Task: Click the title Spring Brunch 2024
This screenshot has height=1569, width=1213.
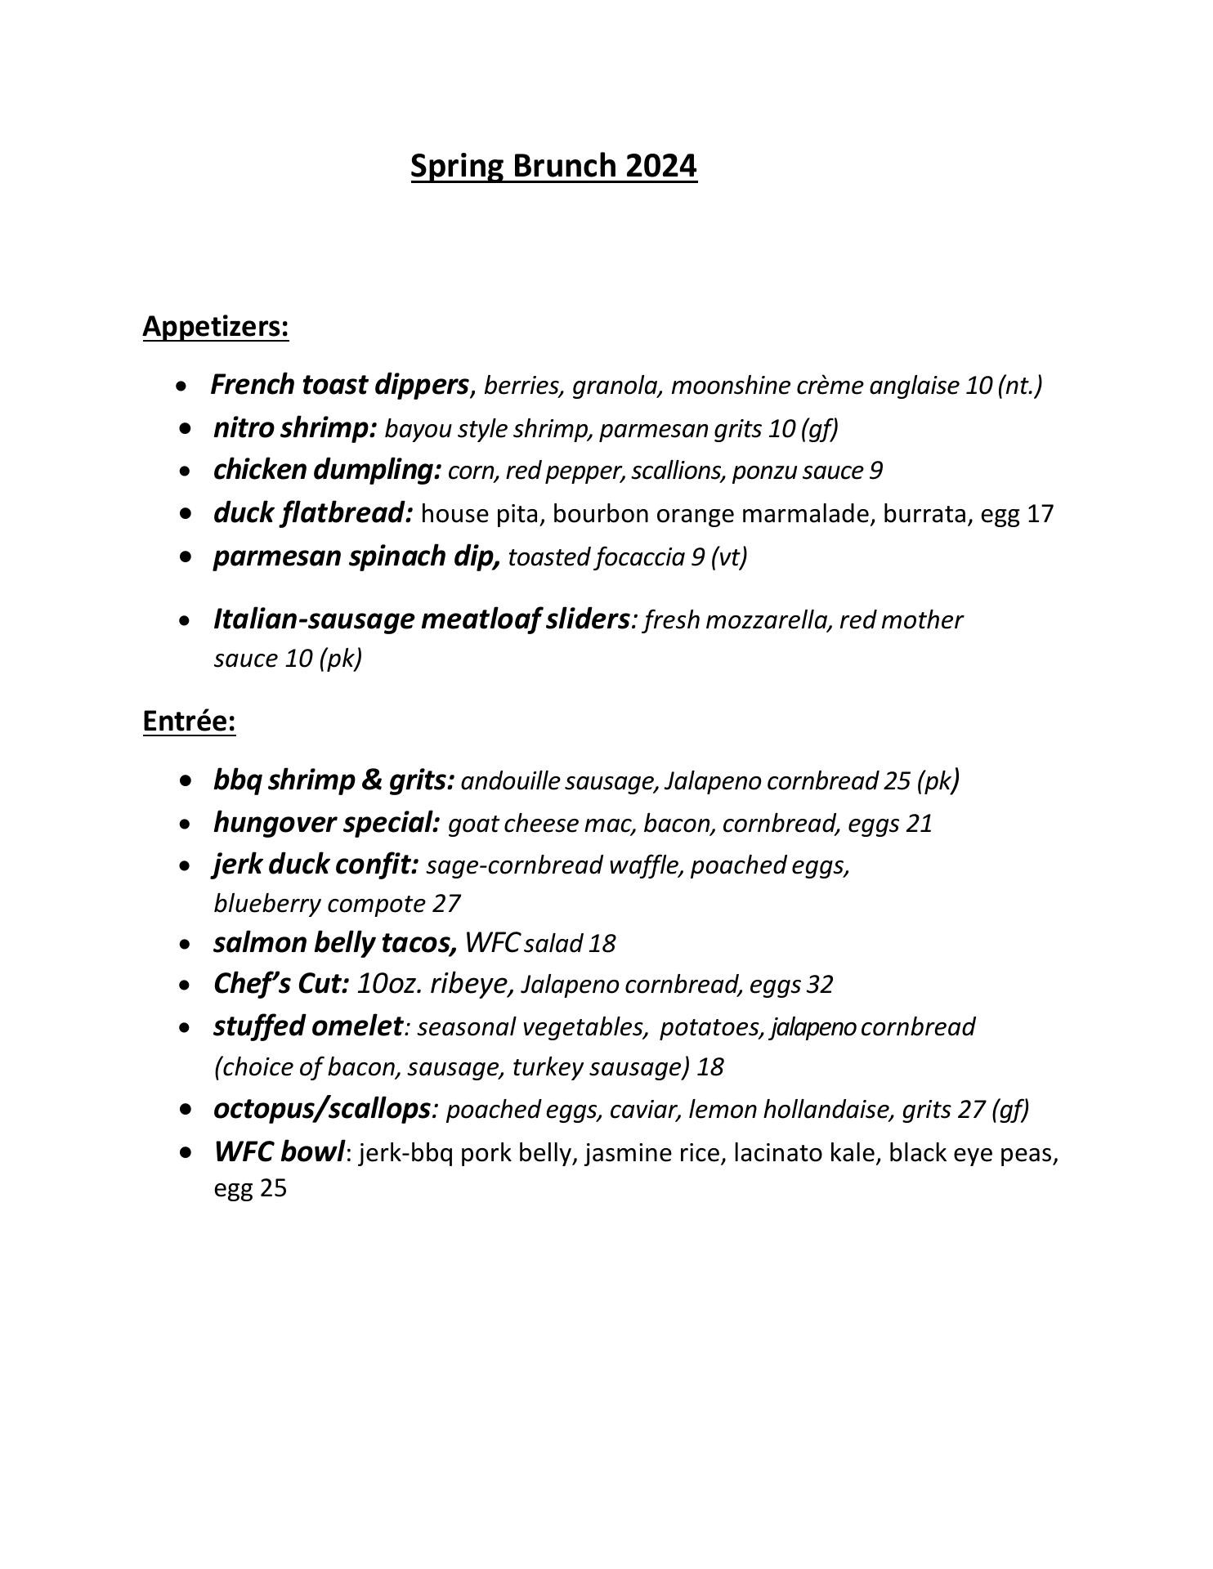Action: [553, 166]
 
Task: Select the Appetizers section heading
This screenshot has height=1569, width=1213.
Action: [216, 326]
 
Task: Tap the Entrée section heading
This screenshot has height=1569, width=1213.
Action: [189, 721]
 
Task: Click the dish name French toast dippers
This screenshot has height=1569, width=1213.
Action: [339, 385]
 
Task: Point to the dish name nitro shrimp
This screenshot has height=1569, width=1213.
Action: [294, 428]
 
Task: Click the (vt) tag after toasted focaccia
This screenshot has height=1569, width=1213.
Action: [729, 557]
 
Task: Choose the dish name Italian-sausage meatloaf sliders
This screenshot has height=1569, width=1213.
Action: [421, 619]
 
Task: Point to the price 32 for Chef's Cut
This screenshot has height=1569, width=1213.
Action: [820, 985]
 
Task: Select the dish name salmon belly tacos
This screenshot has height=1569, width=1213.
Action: [335, 943]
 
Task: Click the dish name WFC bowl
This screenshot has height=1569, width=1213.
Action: [279, 1152]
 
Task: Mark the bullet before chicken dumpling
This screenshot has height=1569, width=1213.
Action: [188, 472]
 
